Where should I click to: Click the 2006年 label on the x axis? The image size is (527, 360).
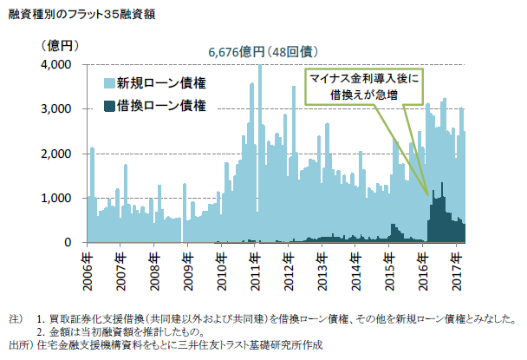[x=88, y=270]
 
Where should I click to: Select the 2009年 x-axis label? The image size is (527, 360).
[x=188, y=270]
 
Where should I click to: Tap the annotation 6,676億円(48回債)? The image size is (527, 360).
[x=260, y=51]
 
